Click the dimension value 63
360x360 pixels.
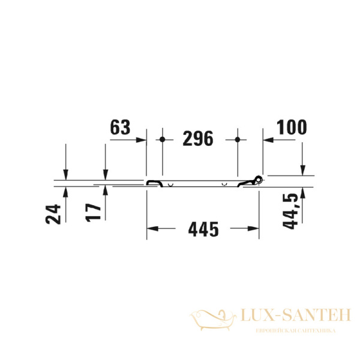[120, 127]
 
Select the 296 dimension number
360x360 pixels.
[197, 139]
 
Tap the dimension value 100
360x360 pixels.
[291, 127]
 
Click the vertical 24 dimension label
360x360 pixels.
[54, 213]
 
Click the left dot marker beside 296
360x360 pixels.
[163, 139]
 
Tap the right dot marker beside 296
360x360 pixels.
[238, 139]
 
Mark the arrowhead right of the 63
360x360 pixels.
[142, 139]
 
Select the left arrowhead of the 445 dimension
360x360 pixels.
[151, 229]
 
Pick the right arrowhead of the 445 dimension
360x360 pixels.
[255, 229]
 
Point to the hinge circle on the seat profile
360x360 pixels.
[259, 178]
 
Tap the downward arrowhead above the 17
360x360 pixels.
[105, 174]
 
